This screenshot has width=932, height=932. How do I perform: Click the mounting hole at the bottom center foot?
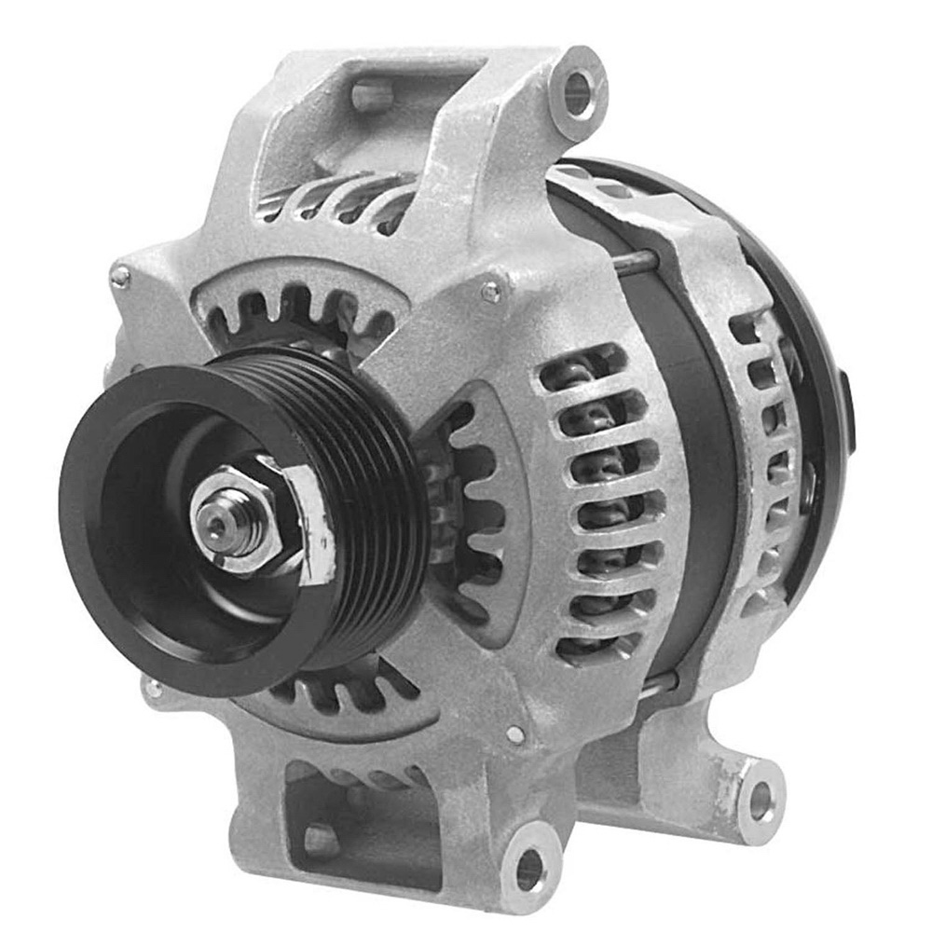click(528, 868)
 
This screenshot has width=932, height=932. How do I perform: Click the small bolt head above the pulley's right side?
click(491, 293)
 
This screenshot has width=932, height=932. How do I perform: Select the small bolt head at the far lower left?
click(150, 690)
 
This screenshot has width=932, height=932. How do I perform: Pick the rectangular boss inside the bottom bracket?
click(322, 839)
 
